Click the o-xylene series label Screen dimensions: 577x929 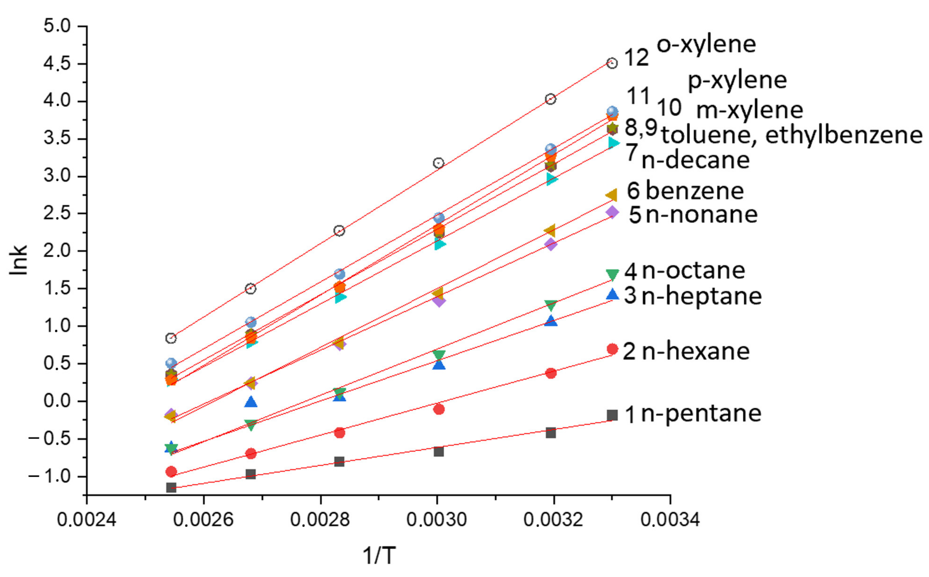(706, 45)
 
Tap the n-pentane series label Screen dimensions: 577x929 (701, 414)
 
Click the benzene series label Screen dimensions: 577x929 (694, 191)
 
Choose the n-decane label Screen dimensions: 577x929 (695, 160)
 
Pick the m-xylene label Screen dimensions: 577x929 (749, 110)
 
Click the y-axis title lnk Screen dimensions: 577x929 (19, 260)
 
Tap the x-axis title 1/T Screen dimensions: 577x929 (378, 555)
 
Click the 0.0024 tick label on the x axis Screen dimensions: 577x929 (87, 520)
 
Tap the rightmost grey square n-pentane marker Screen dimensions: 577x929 (612, 415)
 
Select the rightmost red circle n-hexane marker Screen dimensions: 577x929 (612, 349)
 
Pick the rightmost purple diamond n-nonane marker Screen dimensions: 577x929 (612, 212)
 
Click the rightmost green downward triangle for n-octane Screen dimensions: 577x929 (612, 274)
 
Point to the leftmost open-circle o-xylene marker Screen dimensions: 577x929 (171, 338)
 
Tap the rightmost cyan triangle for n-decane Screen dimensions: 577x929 (613, 143)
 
